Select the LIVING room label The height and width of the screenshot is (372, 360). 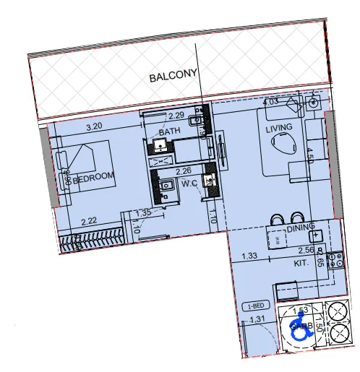tap(279, 129)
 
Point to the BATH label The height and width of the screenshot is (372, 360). tap(170, 132)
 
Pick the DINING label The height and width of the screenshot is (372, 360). tap(301, 228)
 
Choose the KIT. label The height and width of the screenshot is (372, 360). tap(302, 264)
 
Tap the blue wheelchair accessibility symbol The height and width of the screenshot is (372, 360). tap(299, 329)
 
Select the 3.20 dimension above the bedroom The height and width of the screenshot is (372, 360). tap(93, 127)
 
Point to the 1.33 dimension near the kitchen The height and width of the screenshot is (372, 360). tap(249, 255)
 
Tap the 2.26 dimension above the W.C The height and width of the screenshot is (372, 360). tap(184, 171)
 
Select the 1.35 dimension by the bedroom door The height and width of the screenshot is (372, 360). tap(144, 213)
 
